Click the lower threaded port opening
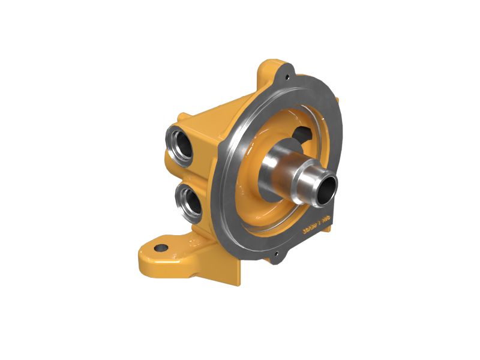coord(191,200)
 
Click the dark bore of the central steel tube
coord(325,188)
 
